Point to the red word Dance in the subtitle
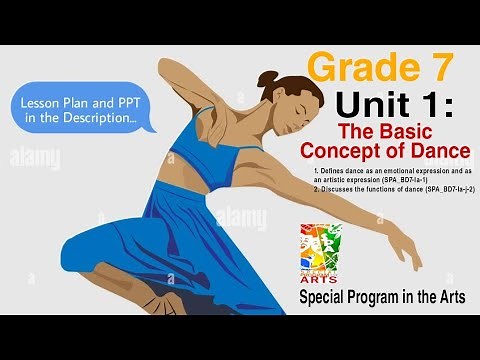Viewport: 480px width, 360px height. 438,151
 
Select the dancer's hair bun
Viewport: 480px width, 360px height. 267,79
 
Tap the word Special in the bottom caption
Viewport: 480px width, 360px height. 327,298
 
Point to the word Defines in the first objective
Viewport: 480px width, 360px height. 332,171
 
